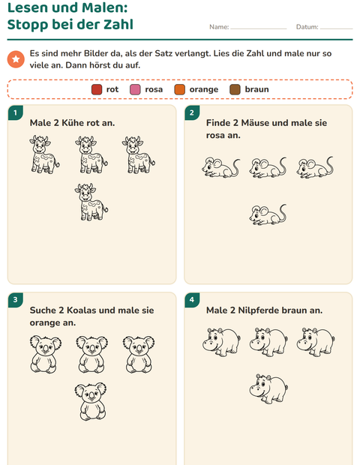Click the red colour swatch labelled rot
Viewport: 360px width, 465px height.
pyautogui.click(x=97, y=89)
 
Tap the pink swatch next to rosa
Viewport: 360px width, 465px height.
pyautogui.click(x=135, y=89)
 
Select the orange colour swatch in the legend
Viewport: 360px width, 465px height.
pyautogui.click(x=180, y=89)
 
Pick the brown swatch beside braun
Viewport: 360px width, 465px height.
pyautogui.click(x=235, y=89)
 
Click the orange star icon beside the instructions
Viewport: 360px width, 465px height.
pyautogui.click(x=16, y=59)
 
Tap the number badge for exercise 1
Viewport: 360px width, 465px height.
pyautogui.click(x=16, y=112)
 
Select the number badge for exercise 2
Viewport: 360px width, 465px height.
pyautogui.click(x=192, y=112)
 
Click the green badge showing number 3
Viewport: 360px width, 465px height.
pyautogui.click(x=16, y=300)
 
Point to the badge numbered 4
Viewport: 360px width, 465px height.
pyautogui.click(x=192, y=300)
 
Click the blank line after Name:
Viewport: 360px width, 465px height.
pyautogui.click(x=259, y=29)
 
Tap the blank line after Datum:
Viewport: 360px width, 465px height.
pyautogui.click(x=337, y=29)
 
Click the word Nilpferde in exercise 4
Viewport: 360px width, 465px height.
pyautogui.click(x=258, y=310)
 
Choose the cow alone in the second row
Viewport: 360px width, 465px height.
pyautogui.click(x=91, y=202)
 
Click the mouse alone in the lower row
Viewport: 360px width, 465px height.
pyautogui.click(x=268, y=214)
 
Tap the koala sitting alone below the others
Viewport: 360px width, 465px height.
pyautogui.click(x=91, y=401)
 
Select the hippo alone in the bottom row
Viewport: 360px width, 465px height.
pyautogui.click(x=268, y=388)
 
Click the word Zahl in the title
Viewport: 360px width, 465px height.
pyautogui.click(x=118, y=24)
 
